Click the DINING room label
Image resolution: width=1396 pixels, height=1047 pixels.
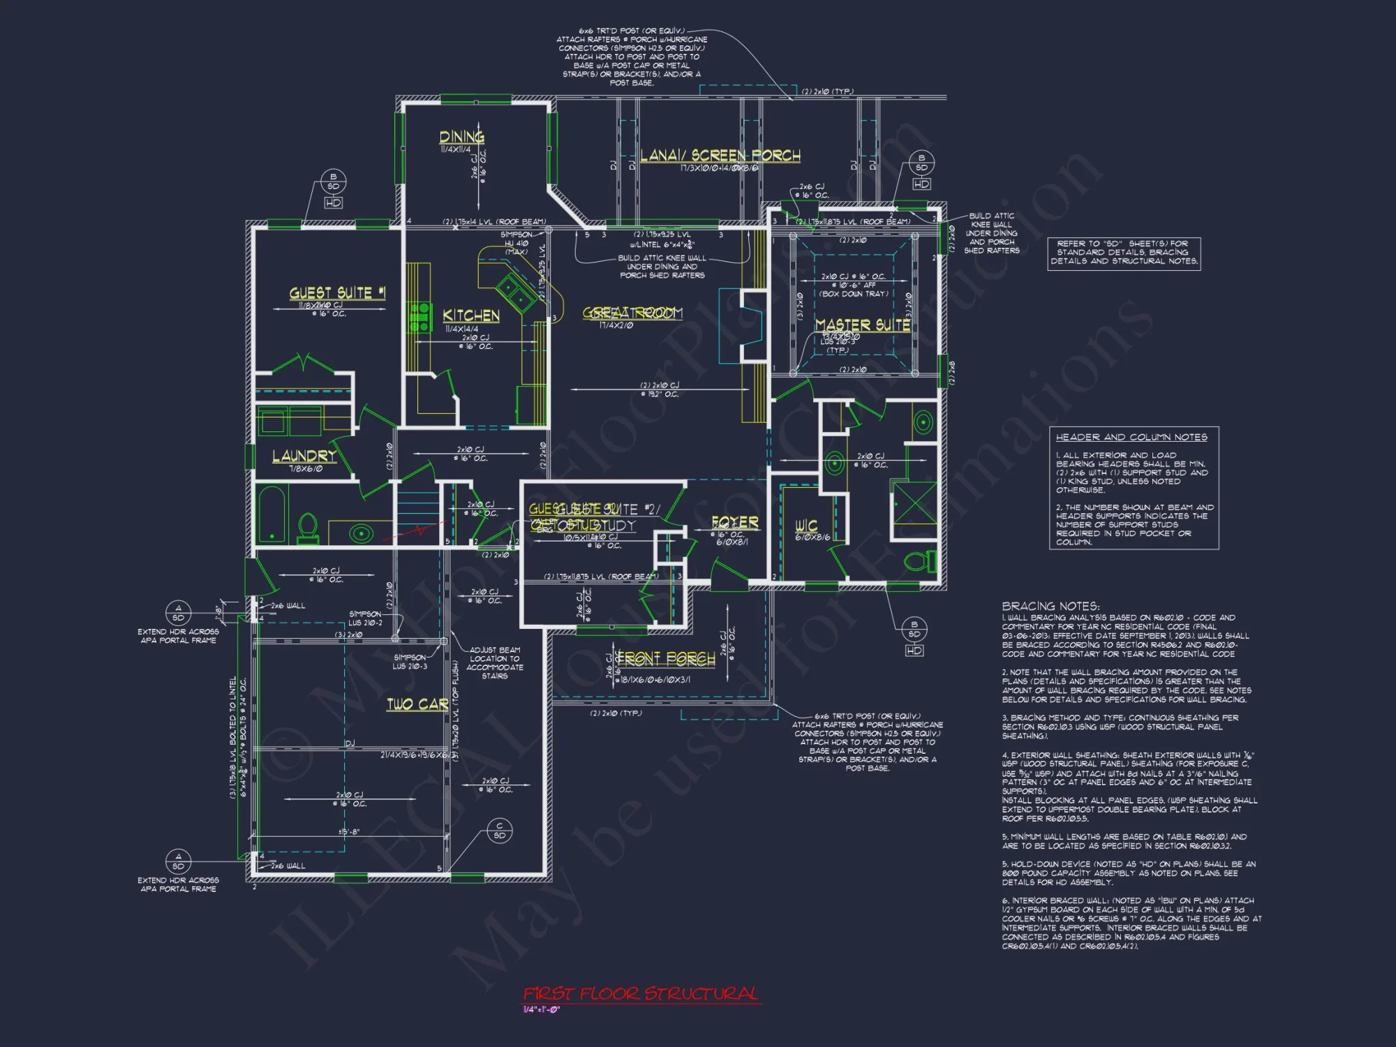[461, 137]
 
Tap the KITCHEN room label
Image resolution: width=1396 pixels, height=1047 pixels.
[471, 315]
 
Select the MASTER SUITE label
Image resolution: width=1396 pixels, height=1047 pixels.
[863, 325]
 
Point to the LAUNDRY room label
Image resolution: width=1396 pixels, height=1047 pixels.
[304, 456]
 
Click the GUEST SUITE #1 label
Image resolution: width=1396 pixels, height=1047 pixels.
[337, 293]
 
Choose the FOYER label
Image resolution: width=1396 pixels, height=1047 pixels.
[734, 522]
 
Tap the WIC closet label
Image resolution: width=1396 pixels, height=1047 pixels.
[806, 525]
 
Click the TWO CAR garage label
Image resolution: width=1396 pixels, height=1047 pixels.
[417, 704]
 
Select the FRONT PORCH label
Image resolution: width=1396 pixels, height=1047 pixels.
[667, 658]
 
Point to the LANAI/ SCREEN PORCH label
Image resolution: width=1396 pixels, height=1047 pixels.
[720, 155]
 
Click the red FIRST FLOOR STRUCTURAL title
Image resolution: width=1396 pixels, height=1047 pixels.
[640, 993]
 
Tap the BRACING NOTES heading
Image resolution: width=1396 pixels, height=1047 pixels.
[1050, 606]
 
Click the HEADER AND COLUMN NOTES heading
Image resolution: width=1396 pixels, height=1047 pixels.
[1131, 437]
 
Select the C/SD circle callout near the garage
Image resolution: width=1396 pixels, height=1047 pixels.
[500, 831]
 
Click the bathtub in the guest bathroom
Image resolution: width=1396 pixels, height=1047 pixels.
[272, 514]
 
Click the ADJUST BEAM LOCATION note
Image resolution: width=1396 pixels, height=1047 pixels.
[494, 662]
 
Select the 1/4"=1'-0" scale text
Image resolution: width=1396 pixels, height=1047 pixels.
[541, 1009]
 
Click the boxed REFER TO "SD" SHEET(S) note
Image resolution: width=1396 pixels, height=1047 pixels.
[1124, 253]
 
